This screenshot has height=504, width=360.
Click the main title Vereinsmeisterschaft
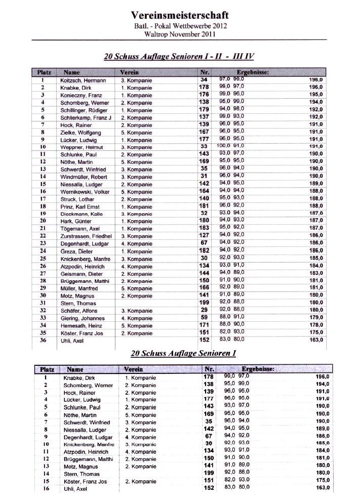[179, 15]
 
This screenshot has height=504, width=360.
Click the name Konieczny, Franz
[81, 95]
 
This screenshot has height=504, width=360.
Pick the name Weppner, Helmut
[82, 147]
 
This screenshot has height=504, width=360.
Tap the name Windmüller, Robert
[84, 177]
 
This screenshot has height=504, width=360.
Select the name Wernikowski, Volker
[85, 192]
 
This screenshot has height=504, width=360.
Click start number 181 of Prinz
[204, 206]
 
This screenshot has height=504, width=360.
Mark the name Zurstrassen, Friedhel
[86, 236]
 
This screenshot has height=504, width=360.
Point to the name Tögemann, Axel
[80, 229]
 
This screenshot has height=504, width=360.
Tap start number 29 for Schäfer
[204, 310]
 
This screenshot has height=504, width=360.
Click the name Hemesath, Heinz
[81, 325]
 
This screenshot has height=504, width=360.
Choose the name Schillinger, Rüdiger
[84, 110]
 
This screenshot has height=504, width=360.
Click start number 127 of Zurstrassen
[204, 236]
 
